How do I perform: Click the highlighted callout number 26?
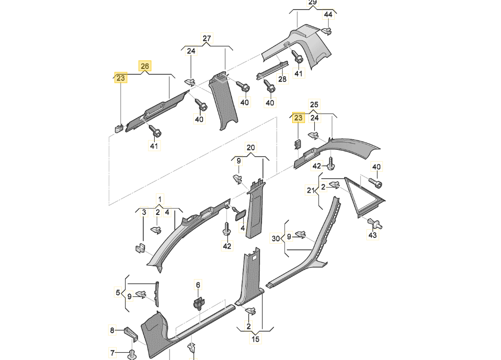point(145,66)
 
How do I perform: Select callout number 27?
point(207,38)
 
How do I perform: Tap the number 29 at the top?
point(312,2)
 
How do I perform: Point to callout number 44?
point(328,15)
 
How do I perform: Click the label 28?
point(283,79)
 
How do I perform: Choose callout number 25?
point(314,104)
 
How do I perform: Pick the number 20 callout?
point(251,147)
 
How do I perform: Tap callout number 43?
point(373,235)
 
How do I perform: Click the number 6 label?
point(198,285)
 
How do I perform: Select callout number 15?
point(255,339)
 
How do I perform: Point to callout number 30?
point(275,238)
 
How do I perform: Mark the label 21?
point(310,191)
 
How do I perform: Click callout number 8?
point(112,330)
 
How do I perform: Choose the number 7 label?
point(113,353)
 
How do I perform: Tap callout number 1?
point(160,199)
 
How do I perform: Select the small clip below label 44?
point(326,31)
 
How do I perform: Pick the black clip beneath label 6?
point(199,303)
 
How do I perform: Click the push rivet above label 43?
point(375,223)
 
